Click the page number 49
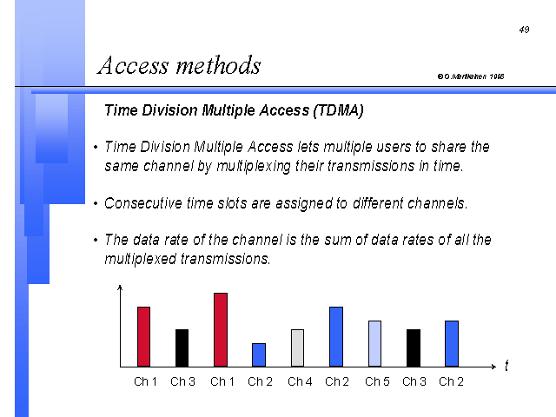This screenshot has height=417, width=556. point(524,30)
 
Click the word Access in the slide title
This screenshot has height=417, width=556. point(133,66)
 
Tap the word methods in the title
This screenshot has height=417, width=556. point(219,65)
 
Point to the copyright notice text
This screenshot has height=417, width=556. point(471,76)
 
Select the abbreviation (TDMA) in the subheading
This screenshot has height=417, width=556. point(339,110)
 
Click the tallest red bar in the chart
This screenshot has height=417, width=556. point(221,330)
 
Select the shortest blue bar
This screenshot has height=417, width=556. point(259,355)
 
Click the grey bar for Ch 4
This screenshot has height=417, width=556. point(297,347)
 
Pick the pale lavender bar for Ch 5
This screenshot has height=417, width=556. point(374,344)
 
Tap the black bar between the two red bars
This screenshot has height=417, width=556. point(182,347)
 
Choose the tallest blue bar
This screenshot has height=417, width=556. point(336,337)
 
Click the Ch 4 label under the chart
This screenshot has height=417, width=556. point(300,381)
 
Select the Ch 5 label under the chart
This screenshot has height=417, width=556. point(377,381)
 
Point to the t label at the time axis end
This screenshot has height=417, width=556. point(506,365)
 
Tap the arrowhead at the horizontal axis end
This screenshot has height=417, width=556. point(494,367)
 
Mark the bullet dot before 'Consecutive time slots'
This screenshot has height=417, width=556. point(96,203)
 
